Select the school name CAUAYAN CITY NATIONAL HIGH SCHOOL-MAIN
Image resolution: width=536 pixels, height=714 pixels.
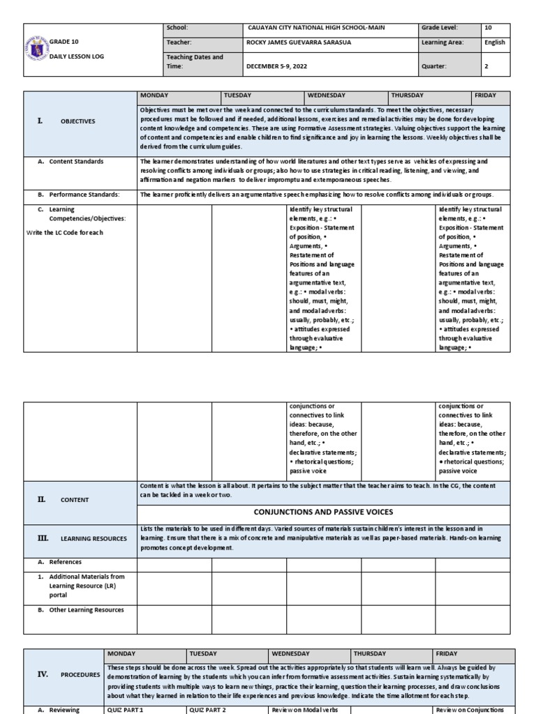[x=315, y=28]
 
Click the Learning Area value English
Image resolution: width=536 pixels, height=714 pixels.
[x=494, y=43]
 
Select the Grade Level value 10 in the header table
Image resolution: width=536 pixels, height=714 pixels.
[x=488, y=28]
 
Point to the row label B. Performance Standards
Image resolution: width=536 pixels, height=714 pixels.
[x=79, y=195]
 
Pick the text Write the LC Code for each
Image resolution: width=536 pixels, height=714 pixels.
[x=66, y=233]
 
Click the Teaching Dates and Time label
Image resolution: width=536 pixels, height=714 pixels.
[x=194, y=61]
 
